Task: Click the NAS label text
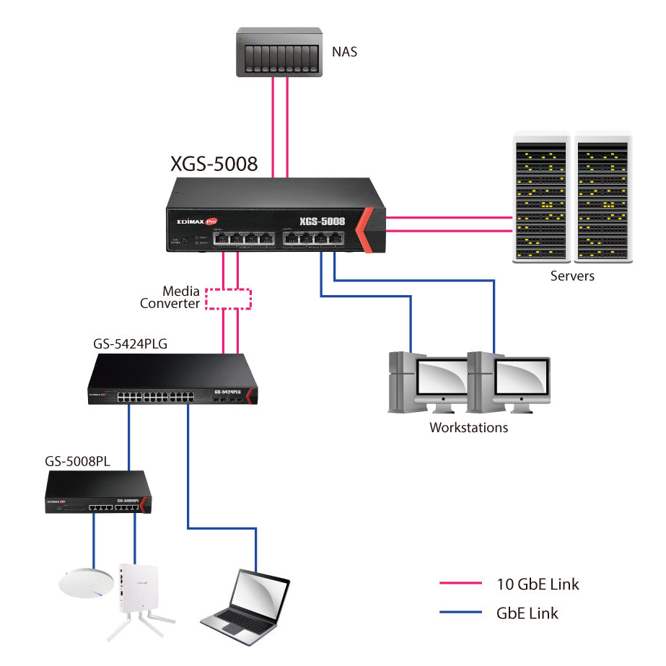(345, 51)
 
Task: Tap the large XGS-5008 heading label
(214, 164)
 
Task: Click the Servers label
(572, 276)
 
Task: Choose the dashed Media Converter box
(229, 299)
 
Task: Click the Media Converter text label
(172, 297)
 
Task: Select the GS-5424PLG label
(130, 343)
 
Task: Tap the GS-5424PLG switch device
(169, 381)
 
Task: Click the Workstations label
(468, 427)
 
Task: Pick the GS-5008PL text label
(77, 462)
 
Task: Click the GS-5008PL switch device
(98, 494)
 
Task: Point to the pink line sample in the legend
(460, 583)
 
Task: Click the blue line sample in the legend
(460, 613)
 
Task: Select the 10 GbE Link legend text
(538, 584)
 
